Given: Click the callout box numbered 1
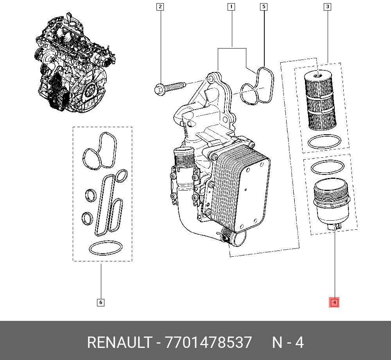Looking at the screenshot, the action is click(x=231, y=7).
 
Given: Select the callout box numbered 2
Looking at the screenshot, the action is click(x=160, y=7).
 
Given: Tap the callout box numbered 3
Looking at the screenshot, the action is click(x=327, y=7).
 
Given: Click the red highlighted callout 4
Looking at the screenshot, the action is click(x=334, y=302).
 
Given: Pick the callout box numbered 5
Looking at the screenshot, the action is click(x=264, y=7).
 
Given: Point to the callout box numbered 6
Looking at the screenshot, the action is click(x=100, y=302).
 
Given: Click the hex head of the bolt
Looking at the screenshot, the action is click(x=159, y=90).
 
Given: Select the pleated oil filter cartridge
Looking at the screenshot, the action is click(x=320, y=100).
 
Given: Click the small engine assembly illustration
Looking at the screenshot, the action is click(x=75, y=62).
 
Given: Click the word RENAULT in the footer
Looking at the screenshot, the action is click(x=120, y=342).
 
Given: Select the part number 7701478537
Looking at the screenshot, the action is click(x=208, y=342).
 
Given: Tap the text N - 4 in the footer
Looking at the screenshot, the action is click(x=288, y=342).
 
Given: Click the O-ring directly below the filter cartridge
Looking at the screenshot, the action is click(x=324, y=142).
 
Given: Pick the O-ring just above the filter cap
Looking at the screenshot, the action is click(x=327, y=167).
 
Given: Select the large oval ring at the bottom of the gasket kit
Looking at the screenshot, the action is click(x=106, y=248).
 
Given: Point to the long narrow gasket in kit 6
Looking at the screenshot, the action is click(x=104, y=205).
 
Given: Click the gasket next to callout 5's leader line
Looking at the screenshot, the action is click(x=257, y=86).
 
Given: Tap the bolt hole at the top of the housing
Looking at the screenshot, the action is click(x=211, y=79).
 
